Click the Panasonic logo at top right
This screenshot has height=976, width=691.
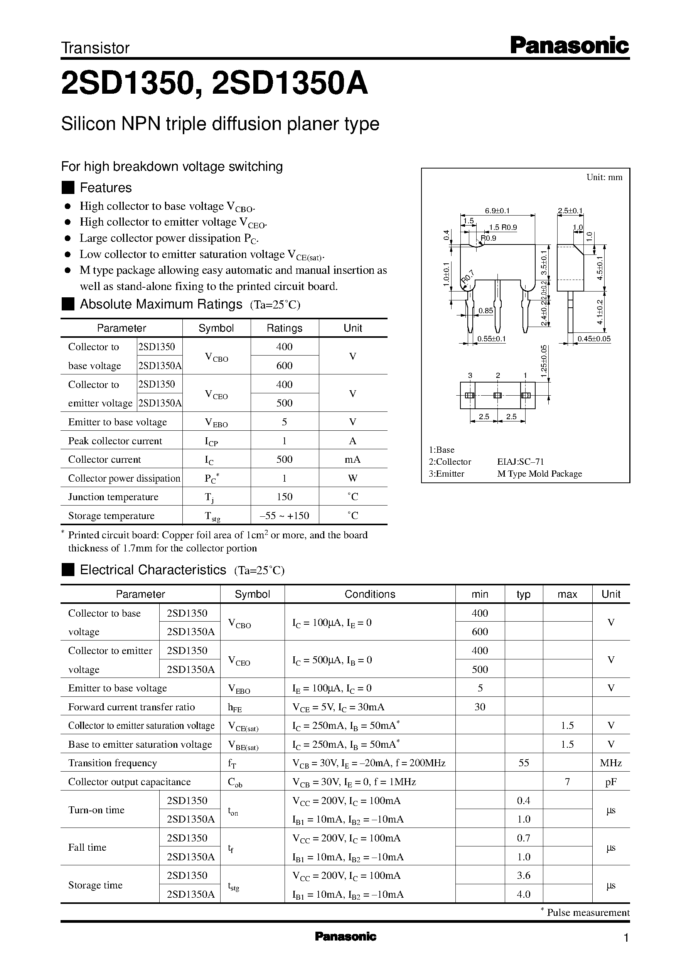pyautogui.click(x=569, y=46)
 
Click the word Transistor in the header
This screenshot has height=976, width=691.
pyautogui.click(x=95, y=48)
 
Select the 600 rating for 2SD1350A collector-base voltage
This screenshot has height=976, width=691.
pyautogui.click(x=284, y=366)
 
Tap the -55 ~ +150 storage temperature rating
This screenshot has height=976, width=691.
pyautogui.click(x=284, y=516)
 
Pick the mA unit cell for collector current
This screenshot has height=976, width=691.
pyautogui.click(x=352, y=460)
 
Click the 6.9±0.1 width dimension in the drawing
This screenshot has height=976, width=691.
pyautogui.click(x=497, y=211)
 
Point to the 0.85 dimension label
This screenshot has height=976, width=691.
pyautogui.click(x=485, y=310)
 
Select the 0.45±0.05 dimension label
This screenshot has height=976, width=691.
pyautogui.click(x=593, y=339)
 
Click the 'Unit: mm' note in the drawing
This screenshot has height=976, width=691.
pyautogui.click(x=604, y=177)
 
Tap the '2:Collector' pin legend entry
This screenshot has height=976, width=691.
pyautogui.click(x=450, y=462)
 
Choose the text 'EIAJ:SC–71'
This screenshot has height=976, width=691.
pyautogui.click(x=520, y=462)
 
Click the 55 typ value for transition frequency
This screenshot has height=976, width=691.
pyautogui.click(x=523, y=763)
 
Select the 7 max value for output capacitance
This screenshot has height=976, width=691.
pyautogui.click(x=567, y=782)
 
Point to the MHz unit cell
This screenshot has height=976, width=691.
pyautogui.click(x=610, y=763)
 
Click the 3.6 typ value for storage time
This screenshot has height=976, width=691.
pyautogui.click(x=523, y=875)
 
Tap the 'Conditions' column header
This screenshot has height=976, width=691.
pyautogui.click(x=370, y=594)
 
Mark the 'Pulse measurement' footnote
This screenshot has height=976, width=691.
pyautogui.click(x=588, y=912)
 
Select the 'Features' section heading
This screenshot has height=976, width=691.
pyautogui.click(x=106, y=188)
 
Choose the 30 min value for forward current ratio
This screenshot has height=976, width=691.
pyautogui.click(x=480, y=707)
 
